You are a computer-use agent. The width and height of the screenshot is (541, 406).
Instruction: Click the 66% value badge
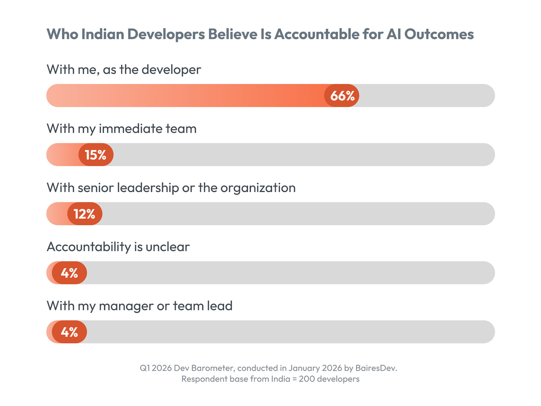[x=342, y=96]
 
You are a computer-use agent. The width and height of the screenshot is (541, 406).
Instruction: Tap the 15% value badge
[x=96, y=155]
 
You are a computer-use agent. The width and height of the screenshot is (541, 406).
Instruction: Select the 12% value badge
[x=85, y=214]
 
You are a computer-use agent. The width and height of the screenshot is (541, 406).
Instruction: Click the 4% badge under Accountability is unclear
[x=69, y=273]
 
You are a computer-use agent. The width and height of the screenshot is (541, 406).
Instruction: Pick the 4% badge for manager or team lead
[x=69, y=332]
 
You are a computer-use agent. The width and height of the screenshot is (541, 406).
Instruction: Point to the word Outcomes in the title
[x=439, y=34]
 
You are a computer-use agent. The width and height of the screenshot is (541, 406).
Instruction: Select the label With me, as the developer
[x=124, y=70]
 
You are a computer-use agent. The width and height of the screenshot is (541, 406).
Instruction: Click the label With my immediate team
[x=121, y=129]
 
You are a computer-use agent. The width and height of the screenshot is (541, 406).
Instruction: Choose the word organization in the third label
[x=258, y=188]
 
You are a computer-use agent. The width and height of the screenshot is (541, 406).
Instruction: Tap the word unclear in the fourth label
[x=167, y=247]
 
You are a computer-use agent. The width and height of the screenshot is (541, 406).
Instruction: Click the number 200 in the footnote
[x=307, y=379]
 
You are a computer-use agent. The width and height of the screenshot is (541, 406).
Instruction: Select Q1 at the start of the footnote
[x=144, y=368]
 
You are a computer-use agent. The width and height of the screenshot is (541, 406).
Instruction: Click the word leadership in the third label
[x=148, y=188]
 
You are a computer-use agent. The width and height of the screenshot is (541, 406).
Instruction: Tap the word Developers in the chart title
[x=166, y=34]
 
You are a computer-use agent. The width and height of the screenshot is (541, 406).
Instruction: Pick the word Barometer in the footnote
[x=212, y=368]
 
